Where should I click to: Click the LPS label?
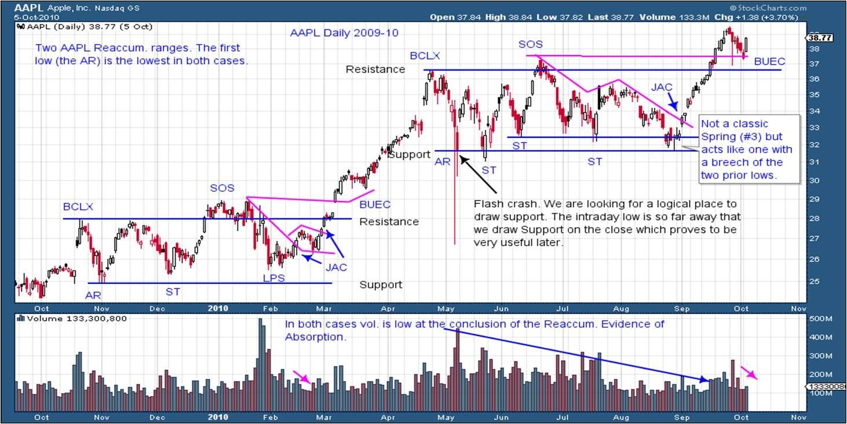(273, 279)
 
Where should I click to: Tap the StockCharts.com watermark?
(771, 8)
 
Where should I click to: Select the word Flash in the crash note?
(486, 204)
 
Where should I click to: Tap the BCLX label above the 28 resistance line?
(78, 207)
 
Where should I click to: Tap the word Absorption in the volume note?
(315, 337)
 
